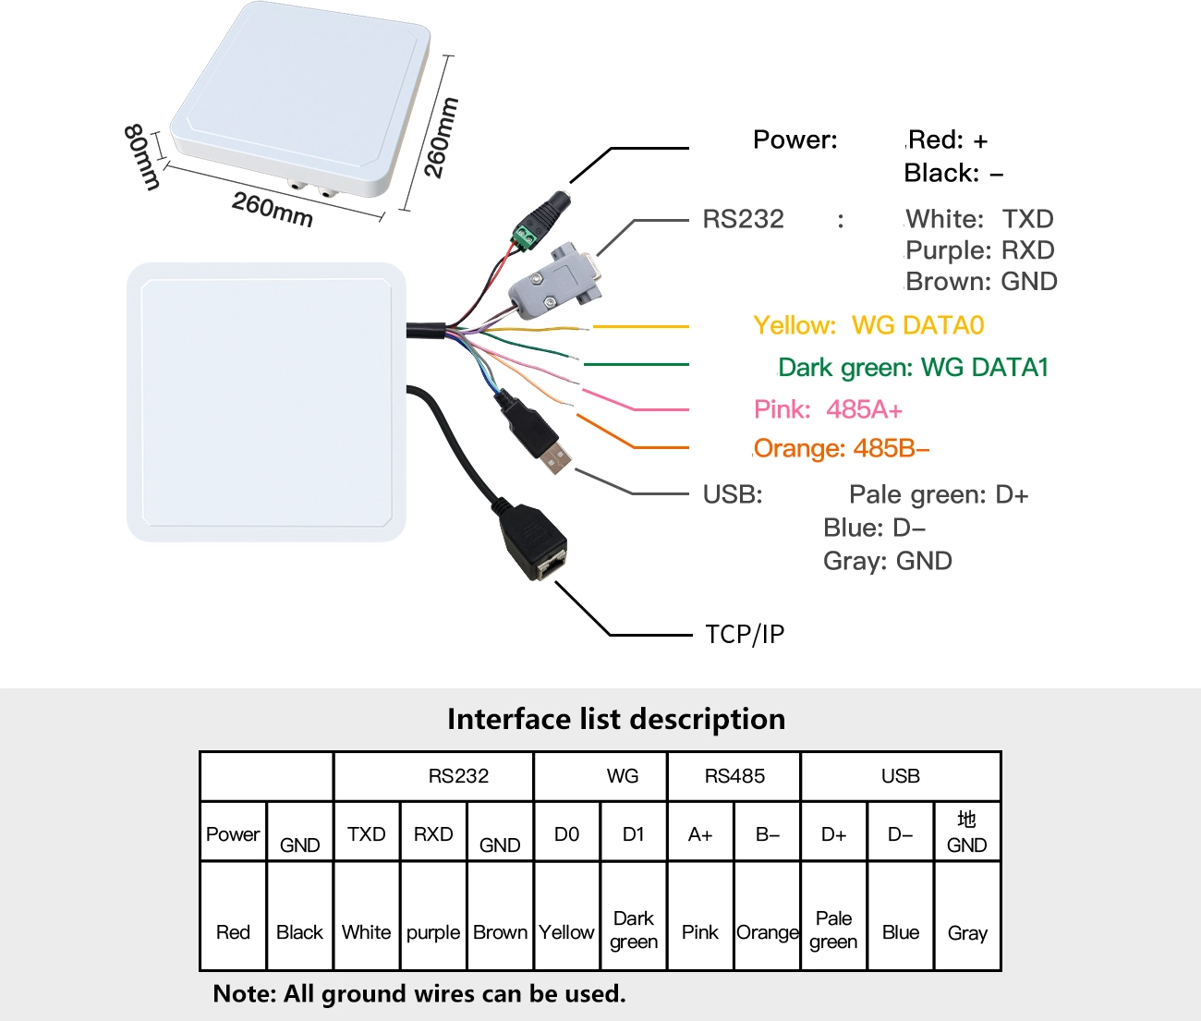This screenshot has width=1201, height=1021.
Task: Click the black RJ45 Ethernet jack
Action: click(533, 541)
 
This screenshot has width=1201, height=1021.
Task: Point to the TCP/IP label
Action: click(745, 634)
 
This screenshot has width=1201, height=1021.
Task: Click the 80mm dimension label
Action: click(142, 157)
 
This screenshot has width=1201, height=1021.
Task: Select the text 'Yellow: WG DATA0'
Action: click(868, 325)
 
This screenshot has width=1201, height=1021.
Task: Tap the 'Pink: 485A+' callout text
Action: click(828, 409)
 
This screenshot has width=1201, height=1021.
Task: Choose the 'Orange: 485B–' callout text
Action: click(842, 448)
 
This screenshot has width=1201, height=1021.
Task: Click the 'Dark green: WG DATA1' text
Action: click(913, 367)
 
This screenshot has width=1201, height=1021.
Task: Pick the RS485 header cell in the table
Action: click(734, 776)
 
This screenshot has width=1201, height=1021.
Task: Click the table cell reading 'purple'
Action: click(433, 932)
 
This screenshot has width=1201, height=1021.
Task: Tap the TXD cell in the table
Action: click(367, 834)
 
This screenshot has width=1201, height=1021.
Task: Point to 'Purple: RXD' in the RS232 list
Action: click(980, 250)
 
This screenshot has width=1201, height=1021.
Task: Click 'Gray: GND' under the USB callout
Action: click(888, 562)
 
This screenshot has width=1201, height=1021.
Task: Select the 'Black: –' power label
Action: click(953, 173)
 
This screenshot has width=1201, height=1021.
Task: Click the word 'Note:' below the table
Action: click(245, 993)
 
